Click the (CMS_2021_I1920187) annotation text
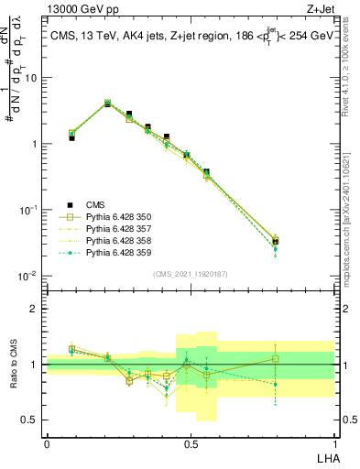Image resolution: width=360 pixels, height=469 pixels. click(191, 273)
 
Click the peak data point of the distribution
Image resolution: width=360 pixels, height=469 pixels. click(107, 104)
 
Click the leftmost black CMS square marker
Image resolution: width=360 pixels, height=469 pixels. click(72, 137)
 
